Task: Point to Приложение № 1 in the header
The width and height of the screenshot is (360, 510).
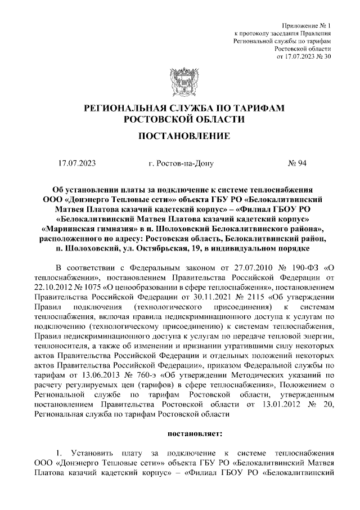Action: [307, 26]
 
